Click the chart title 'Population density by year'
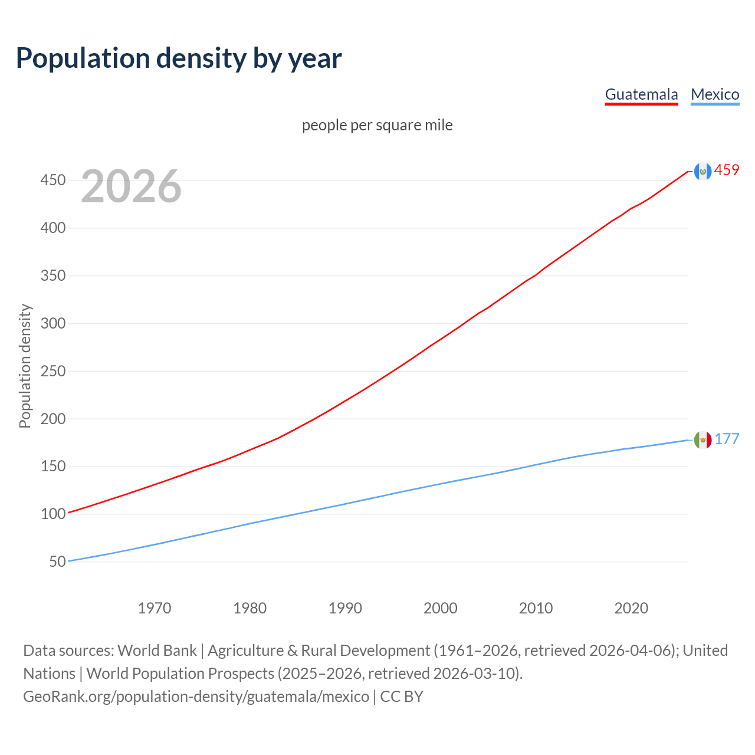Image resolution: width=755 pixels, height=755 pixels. tap(179, 58)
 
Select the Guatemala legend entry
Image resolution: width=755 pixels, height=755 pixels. tap(641, 94)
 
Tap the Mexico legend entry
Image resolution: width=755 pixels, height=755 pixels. tap(715, 94)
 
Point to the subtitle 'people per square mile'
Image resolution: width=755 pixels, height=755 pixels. tap(377, 125)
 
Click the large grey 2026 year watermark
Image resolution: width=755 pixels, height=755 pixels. tap(131, 186)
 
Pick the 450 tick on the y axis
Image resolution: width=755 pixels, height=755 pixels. tap(52, 180)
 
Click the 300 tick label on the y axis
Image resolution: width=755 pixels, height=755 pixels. tap(52, 323)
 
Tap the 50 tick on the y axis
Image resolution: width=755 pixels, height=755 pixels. tap(57, 562)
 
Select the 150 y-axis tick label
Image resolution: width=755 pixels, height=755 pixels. tap(52, 467)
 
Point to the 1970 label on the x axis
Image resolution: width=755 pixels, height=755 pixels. tap(155, 608)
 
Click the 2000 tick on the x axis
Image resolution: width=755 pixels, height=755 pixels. tap(440, 608)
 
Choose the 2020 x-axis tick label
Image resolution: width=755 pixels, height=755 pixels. tap(631, 608)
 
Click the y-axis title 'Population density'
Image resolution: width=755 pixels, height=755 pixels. tap(25, 366)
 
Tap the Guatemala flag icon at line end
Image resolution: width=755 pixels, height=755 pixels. tap(703, 171)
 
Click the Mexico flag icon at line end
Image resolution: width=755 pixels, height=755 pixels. tap(703, 439)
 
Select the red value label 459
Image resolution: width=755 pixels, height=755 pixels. tap(727, 170)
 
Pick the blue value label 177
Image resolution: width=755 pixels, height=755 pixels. tap(727, 439)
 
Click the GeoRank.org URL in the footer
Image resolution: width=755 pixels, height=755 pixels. tap(196, 697)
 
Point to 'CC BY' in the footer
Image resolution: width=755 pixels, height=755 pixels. tap(402, 697)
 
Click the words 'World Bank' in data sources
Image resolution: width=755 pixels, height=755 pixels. tap(157, 651)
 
